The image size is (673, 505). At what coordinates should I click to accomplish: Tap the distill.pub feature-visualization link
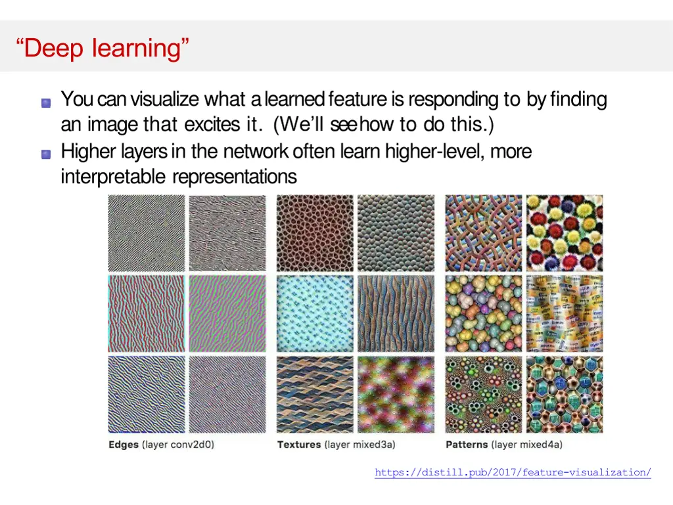(513, 472)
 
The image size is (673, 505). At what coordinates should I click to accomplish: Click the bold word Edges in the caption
(124, 445)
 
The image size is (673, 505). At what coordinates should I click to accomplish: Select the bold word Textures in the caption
(299, 445)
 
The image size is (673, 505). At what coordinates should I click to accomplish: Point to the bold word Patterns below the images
(467, 445)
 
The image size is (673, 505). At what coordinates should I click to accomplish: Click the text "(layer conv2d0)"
(178, 445)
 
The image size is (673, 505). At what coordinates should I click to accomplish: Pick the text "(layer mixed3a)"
(359, 445)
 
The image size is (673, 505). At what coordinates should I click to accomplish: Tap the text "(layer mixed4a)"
(527, 445)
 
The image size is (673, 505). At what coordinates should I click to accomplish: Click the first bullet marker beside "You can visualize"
(45, 102)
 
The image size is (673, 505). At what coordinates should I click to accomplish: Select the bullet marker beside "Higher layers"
(45, 154)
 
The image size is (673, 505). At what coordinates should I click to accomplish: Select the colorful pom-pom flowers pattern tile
(565, 233)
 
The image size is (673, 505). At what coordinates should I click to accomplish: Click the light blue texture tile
(315, 314)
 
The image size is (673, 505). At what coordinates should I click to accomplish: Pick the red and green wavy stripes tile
(147, 314)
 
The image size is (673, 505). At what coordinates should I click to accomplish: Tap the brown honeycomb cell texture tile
(315, 233)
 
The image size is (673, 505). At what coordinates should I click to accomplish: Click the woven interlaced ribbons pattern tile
(484, 233)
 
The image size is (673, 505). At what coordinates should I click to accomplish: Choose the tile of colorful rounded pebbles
(484, 314)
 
